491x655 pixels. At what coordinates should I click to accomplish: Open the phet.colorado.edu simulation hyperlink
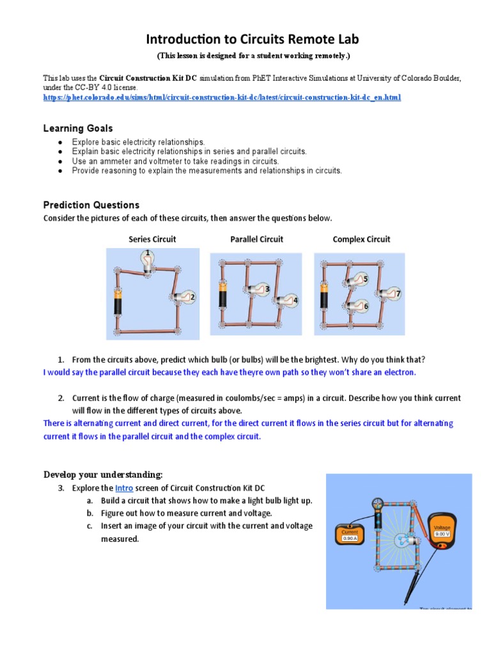click(x=222, y=97)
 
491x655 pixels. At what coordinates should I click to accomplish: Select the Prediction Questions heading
click(x=91, y=205)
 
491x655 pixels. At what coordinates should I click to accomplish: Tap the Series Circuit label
click(x=152, y=239)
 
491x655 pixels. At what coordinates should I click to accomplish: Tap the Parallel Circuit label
click(x=256, y=239)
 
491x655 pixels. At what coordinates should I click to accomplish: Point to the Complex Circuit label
click(x=361, y=239)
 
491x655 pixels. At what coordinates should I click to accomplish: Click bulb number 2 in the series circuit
click(x=185, y=297)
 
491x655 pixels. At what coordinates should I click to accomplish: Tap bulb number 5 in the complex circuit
click(x=358, y=280)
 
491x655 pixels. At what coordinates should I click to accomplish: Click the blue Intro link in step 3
click(x=124, y=488)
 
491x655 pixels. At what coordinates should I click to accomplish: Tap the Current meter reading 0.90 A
click(x=350, y=535)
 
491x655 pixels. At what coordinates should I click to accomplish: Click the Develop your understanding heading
click(x=103, y=474)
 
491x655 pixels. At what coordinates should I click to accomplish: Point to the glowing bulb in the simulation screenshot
click(x=401, y=539)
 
